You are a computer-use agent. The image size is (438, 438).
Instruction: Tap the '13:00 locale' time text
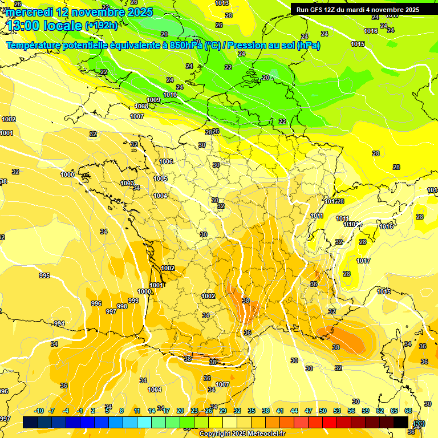[x=44, y=26]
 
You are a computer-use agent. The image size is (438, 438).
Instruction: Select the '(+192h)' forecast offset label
[x=102, y=26]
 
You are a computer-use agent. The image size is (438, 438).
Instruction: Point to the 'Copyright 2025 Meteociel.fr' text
[x=243, y=433]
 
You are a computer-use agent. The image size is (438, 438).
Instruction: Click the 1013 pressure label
[x=222, y=3]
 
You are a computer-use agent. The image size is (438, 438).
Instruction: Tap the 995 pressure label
[x=44, y=275]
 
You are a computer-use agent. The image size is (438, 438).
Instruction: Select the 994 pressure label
[x=59, y=323]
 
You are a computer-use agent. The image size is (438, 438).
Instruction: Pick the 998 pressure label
[x=122, y=306]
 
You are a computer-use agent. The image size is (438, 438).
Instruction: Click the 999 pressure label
[x=133, y=301]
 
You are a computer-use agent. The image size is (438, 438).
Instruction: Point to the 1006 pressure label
[x=166, y=161]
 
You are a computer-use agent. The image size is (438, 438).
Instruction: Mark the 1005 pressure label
[x=160, y=179]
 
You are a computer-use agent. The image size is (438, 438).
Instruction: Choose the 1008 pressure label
[x=141, y=106]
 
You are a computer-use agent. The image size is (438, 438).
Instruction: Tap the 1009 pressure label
[x=153, y=100]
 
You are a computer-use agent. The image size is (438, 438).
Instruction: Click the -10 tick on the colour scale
[x=39, y=411]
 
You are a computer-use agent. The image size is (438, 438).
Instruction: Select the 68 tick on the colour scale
[x=408, y=411]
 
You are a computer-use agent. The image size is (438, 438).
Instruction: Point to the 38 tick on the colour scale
[x=266, y=411]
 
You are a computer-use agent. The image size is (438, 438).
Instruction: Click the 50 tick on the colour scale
[x=323, y=411]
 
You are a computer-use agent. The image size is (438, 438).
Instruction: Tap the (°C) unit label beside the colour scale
[x=420, y=423]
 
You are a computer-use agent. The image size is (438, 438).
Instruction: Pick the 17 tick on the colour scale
[x=166, y=411]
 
